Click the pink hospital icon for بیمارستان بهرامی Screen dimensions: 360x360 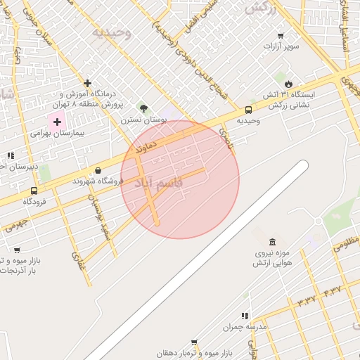tap(57, 122)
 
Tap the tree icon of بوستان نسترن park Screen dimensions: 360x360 tap(144, 108)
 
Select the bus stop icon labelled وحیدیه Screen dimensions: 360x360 tap(248, 110)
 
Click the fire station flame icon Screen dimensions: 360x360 tap(288, 83)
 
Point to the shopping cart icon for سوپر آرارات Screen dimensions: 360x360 tap(281, 36)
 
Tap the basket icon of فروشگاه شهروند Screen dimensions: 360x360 tap(98, 170)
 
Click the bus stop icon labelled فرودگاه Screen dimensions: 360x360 tap(34, 191)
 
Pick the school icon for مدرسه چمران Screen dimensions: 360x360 tap(245, 316)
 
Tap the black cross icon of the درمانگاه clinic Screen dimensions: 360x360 tap(88, 83)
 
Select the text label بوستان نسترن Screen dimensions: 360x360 tap(143, 120)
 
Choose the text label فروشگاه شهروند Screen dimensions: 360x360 tap(98, 181)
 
